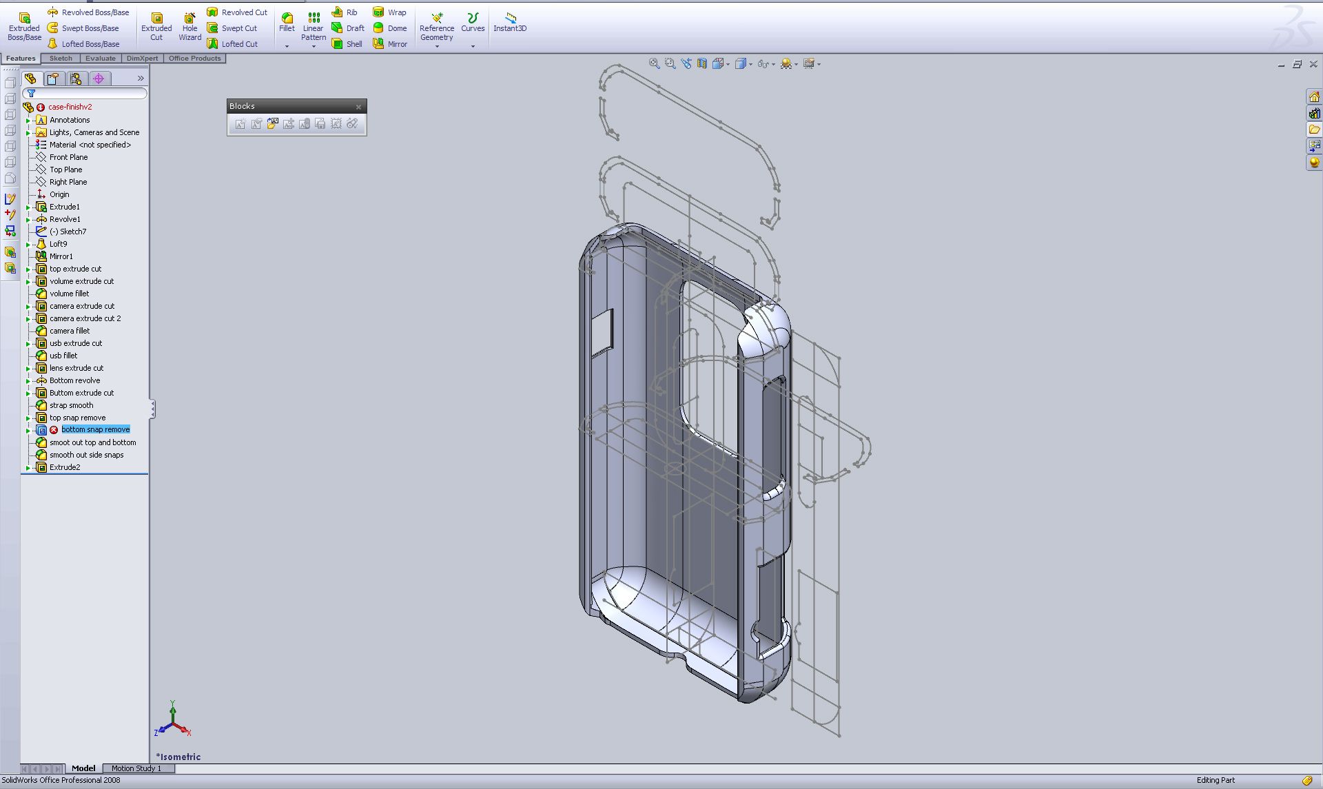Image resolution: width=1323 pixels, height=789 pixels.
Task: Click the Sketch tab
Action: pyautogui.click(x=61, y=59)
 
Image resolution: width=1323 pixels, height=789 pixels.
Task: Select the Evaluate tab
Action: pyautogui.click(x=101, y=59)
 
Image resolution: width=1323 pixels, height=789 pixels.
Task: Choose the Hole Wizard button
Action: pyautogui.click(x=189, y=26)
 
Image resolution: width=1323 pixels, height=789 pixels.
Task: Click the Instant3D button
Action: pyautogui.click(x=510, y=22)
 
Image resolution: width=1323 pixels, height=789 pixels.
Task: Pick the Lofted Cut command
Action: pyautogui.click(x=232, y=44)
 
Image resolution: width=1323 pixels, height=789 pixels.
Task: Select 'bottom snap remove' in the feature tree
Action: pyautogui.click(x=95, y=430)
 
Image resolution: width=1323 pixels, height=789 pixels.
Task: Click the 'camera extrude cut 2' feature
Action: pyautogui.click(x=85, y=318)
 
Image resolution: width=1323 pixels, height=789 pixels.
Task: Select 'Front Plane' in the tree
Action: pyautogui.click(x=68, y=157)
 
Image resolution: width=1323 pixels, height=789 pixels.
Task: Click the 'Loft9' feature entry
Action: pyautogui.click(x=58, y=244)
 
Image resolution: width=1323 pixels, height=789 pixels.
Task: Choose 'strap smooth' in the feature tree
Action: pyautogui.click(x=71, y=405)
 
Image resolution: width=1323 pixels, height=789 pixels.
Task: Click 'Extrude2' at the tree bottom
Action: pyautogui.click(x=65, y=467)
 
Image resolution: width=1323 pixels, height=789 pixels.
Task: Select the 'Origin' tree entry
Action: pyautogui.click(x=59, y=194)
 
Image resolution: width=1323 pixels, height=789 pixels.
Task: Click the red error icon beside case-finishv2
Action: pyautogui.click(x=41, y=107)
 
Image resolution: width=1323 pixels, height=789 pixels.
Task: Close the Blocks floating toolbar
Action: pyautogui.click(x=358, y=107)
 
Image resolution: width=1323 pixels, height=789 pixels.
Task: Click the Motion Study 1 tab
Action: pyautogui.click(x=136, y=768)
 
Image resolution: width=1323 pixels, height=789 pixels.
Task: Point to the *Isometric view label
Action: pyautogui.click(x=178, y=757)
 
